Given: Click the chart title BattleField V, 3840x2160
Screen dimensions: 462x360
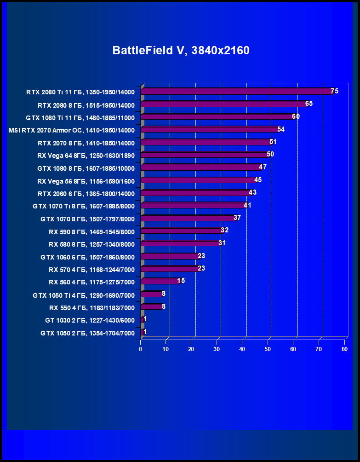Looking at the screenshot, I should tap(181, 51).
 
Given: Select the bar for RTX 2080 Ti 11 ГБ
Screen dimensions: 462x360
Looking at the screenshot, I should tap(237, 92).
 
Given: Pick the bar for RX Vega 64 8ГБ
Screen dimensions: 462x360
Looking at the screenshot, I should tap(205, 155).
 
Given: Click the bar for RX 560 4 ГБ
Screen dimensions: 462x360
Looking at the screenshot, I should tap(160, 281).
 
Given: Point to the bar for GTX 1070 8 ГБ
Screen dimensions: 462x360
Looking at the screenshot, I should tap(188, 218).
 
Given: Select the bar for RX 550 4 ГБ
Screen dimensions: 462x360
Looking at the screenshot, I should tap(151, 306).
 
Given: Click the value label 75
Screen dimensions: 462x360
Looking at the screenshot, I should tap(334, 91).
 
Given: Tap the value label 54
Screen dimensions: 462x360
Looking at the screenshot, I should tap(281, 129).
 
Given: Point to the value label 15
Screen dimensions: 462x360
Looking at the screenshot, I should tap(181, 281).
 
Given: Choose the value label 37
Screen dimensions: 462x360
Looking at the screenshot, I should tap(237, 218).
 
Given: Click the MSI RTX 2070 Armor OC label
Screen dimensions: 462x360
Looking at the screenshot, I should tap(72, 130).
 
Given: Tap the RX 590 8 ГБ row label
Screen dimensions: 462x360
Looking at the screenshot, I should tap(91, 231).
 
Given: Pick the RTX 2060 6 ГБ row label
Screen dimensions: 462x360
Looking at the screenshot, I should tap(86, 194).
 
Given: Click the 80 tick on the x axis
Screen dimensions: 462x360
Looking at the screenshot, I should tap(344, 349).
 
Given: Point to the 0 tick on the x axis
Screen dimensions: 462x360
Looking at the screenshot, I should tap(141, 349).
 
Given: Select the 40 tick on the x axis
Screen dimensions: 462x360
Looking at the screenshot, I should tap(242, 349).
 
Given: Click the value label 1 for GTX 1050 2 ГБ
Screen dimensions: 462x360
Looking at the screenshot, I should tap(145, 332).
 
